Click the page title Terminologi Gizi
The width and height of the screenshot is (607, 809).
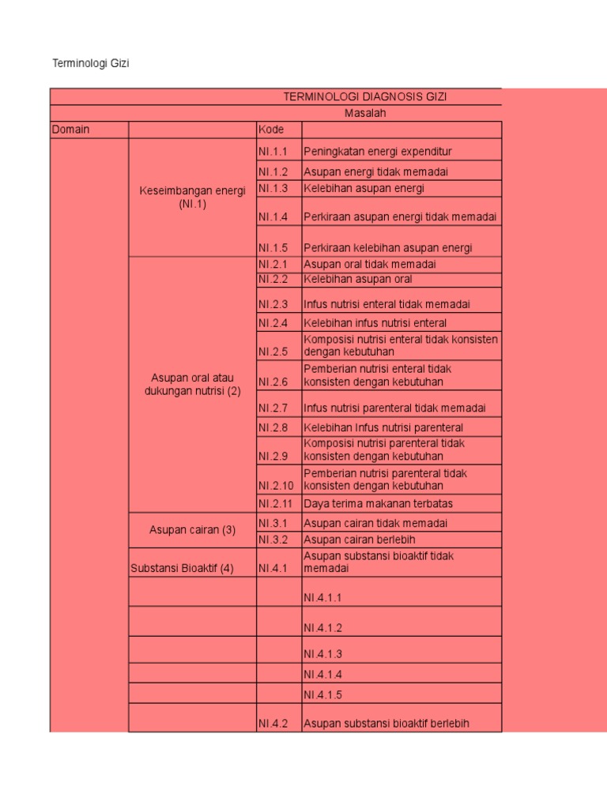click(90, 63)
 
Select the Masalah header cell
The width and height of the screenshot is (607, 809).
click(365, 114)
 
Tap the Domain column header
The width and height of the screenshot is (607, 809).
click(70, 130)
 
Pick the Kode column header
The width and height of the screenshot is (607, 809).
click(270, 130)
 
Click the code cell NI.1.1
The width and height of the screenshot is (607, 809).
click(273, 151)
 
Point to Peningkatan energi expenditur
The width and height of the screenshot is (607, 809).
click(378, 151)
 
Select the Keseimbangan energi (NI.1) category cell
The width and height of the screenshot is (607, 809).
click(193, 198)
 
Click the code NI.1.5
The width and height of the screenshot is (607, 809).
click(273, 248)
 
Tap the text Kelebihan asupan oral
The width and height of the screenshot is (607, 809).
click(357, 279)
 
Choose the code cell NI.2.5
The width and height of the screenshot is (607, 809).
click(273, 352)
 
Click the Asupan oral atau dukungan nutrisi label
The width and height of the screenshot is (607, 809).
click(193, 385)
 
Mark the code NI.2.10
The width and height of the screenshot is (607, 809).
click(276, 486)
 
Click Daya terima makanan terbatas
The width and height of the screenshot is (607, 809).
click(378, 503)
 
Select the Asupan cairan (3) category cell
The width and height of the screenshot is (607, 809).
click(193, 530)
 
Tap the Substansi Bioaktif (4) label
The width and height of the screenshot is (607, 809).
click(182, 568)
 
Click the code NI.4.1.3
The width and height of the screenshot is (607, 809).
click(322, 654)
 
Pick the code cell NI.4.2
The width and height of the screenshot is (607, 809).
click(273, 723)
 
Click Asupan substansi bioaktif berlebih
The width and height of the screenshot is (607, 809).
click(386, 723)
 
